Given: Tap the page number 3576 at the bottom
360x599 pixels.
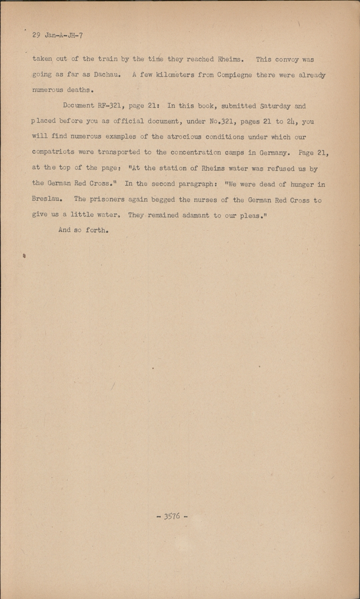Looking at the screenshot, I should (x=172, y=516).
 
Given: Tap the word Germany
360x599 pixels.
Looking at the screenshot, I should (x=274, y=152).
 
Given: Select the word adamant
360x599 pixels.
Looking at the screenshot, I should (x=196, y=215).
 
